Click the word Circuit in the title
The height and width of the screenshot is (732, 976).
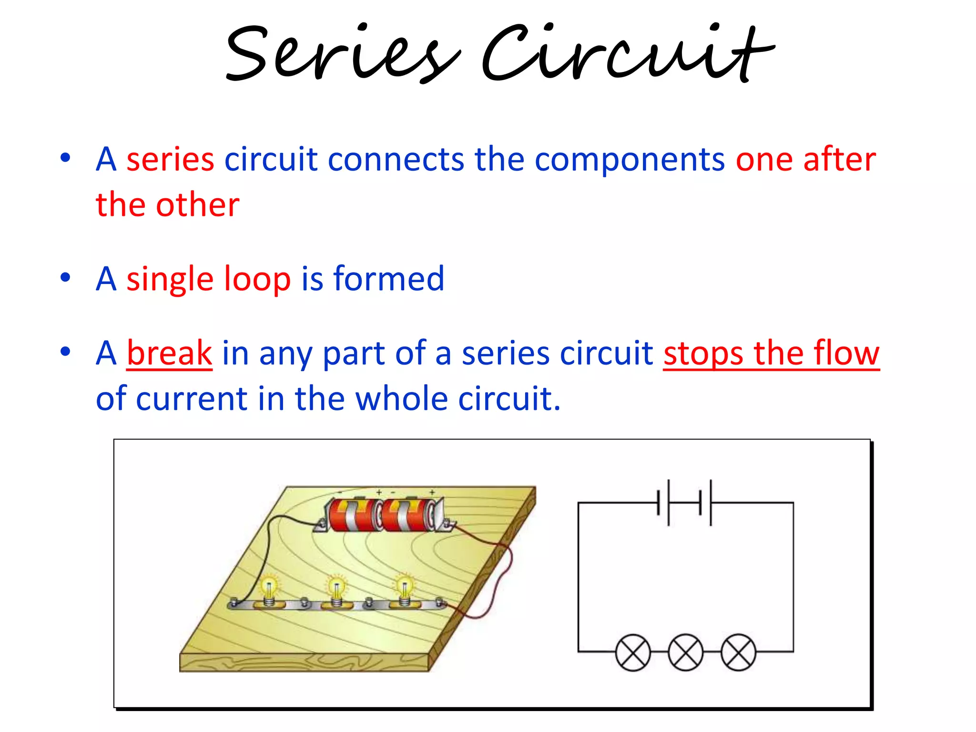(627, 52)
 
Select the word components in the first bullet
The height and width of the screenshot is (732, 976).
(630, 160)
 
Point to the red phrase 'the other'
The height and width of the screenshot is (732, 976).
(167, 205)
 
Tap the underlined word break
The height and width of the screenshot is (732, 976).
(169, 353)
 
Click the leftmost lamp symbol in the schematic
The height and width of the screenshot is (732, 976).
(633, 652)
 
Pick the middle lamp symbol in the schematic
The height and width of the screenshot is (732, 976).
(685, 652)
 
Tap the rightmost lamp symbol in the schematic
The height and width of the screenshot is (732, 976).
(738, 652)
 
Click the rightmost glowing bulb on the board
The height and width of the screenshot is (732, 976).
(405, 588)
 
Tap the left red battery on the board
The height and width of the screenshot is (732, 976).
(354, 515)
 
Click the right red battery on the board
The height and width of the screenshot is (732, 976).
(408, 515)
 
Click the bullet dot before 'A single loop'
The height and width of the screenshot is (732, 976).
(65, 278)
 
